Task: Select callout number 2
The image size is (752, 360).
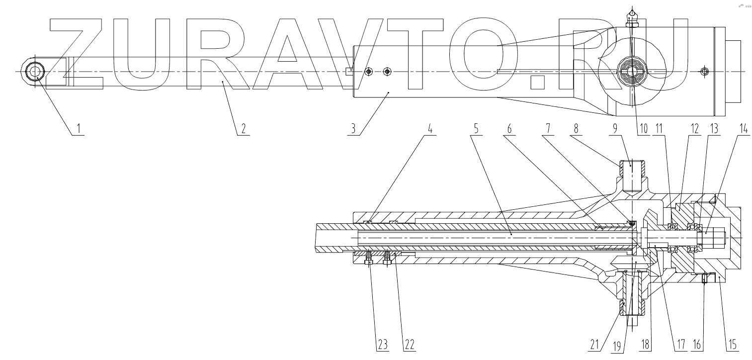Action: (243, 129)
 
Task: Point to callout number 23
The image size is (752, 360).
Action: (369, 344)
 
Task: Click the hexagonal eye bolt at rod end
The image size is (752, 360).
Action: (35, 73)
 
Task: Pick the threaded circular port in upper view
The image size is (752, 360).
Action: (631, 72)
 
